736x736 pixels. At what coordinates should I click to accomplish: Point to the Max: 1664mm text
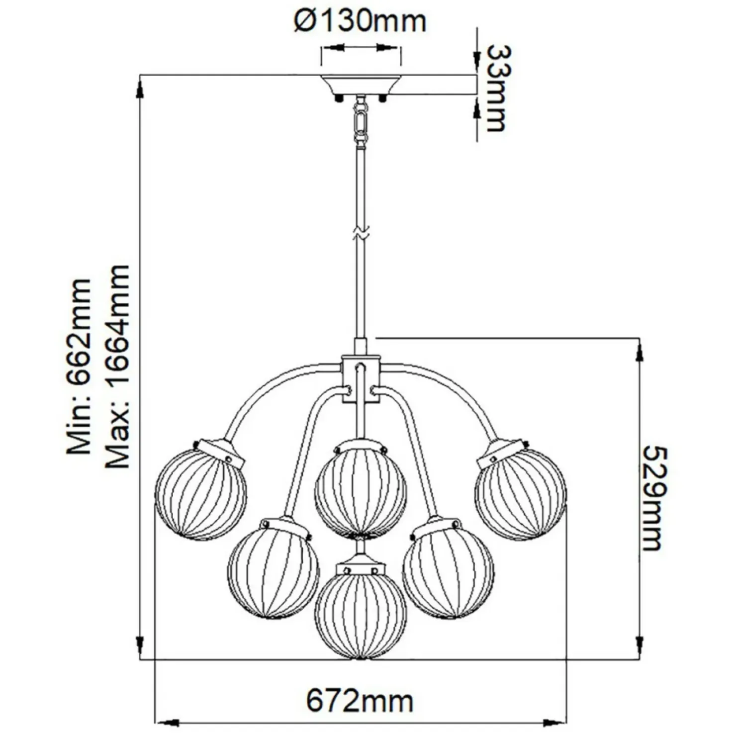pos(118,367)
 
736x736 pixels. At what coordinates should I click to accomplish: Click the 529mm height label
pos(652,498)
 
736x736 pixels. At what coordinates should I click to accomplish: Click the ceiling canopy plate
pos(361,86)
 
